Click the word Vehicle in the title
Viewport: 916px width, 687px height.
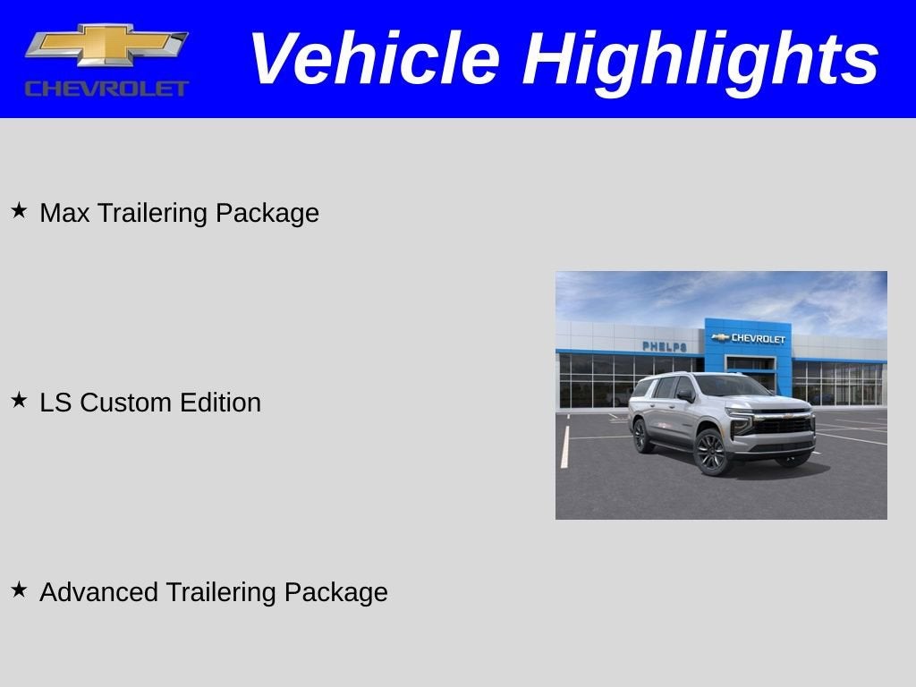click(x=373, y=59)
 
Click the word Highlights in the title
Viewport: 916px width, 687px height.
click(x=700, y=59)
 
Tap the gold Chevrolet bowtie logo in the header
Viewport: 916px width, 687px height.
click(x=106, y=46)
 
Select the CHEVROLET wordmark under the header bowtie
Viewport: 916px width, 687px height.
click(x=106, y=89)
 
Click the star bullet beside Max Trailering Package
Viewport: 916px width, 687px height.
click(x=19, y=211)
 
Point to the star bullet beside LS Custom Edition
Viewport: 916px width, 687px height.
click(x=19, y=401)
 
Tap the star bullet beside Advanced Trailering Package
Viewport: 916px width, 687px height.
click(x=19, y=589)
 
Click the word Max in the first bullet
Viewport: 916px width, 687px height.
click(x=64, y=213)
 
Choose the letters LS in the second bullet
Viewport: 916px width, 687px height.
click(x=55, y=403)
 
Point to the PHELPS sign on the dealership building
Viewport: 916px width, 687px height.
click(x=664, y=346)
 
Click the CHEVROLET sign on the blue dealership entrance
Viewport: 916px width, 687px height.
click(x=749, y=338)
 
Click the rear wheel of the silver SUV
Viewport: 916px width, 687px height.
click(x=640, y=435)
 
